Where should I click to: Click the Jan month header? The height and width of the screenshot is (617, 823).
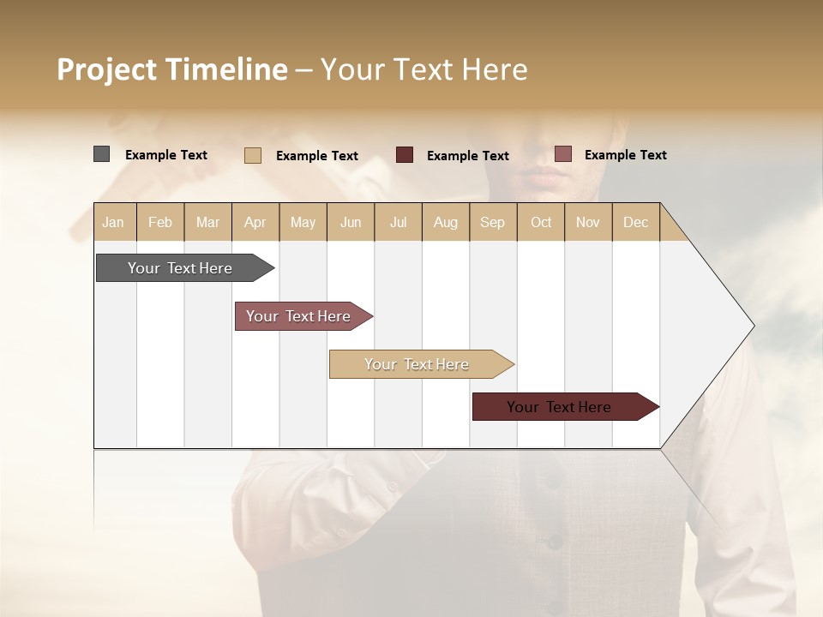click(x=113, y=222)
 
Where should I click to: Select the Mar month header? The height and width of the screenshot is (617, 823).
click(x=207, y=222)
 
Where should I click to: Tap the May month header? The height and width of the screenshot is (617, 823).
click(x=303, y=222)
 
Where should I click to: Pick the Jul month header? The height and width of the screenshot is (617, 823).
click(x=398, y=222)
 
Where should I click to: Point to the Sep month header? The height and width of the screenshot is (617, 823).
click(x=492, y=222)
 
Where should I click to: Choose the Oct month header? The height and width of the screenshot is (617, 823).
click(x=541, y=222)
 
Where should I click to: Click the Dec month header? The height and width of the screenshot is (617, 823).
click(x=635, y=222)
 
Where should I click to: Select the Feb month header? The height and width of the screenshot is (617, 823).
click(x=160, y=222)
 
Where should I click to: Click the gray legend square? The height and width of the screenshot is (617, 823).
click(x=101, y=154)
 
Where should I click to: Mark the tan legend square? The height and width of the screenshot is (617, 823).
click(x=252, y=155)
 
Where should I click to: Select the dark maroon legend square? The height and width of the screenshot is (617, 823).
click(x=405, y=155)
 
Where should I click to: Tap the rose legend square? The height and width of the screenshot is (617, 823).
click(x=562, y=154)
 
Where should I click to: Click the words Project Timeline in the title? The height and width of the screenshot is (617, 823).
click(x=171, y=69)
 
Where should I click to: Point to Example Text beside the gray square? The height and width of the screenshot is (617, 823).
click(x=166, y=155)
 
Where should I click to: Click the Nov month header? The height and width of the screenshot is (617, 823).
click(x=587, y=222)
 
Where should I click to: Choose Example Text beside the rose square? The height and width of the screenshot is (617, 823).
click(x=625, y=155)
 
